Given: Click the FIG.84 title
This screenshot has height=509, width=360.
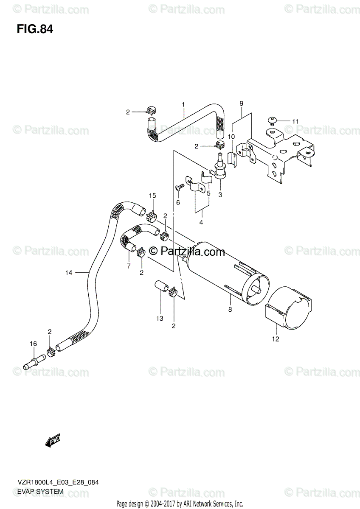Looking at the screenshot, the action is coord(35,30).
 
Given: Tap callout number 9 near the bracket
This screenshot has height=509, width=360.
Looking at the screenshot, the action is coord(241,103).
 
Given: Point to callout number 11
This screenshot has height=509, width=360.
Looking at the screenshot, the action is coord(295,121).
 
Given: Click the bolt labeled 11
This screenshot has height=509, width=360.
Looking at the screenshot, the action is coord(273,122).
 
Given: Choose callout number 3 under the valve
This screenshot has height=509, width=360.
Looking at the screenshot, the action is coord(220,195).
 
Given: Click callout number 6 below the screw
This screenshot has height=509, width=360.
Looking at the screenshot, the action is coord(178,202).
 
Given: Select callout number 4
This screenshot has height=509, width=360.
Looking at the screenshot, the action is coord(201,222).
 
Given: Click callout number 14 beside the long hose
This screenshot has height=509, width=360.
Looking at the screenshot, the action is coord(69,273).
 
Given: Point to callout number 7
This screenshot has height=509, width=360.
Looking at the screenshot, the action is coord(128,266).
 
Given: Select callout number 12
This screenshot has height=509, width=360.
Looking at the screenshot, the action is coord(276,339).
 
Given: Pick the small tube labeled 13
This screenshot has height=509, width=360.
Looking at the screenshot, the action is coord(161,285).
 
